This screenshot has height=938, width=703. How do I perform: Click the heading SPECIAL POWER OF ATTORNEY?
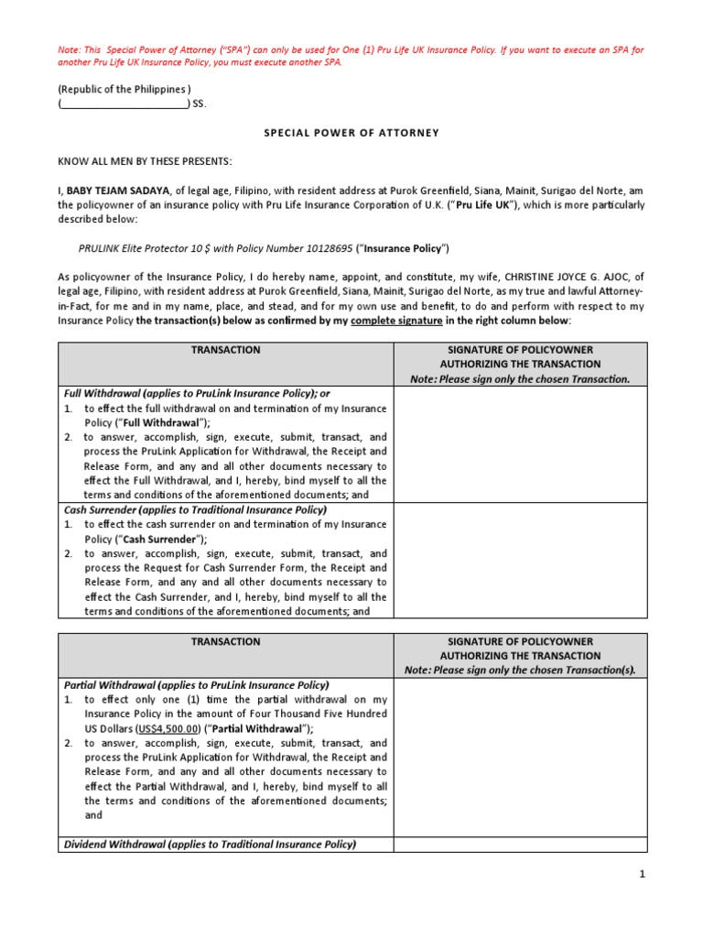point(351,133)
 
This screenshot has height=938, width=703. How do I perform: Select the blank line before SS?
point(124,104)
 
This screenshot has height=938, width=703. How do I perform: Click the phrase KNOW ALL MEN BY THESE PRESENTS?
point(146,161)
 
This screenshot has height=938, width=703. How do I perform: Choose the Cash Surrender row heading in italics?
point(195,510)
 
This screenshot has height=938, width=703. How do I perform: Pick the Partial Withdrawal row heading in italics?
point(196,685)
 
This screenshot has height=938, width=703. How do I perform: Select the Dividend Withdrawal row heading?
point(210,845)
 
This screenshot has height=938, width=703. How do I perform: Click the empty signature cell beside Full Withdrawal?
point(521,444)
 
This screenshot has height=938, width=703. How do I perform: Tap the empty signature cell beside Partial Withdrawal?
point(521,757)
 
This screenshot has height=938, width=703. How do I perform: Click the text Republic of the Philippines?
point(124,89)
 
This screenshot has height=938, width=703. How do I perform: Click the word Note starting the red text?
point(70,47)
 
